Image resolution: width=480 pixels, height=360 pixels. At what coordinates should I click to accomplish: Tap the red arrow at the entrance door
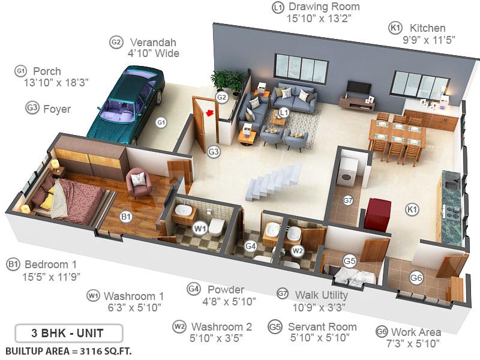tap(209, 112)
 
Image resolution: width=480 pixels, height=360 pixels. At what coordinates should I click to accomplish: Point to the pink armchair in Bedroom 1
tap(139, 181)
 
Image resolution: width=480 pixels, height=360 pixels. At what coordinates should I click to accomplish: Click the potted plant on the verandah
tap(224, 80)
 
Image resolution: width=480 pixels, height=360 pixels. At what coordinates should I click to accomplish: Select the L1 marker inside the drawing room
tap(284, 112)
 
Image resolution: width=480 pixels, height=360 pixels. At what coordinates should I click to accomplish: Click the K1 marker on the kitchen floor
tap(412, 209)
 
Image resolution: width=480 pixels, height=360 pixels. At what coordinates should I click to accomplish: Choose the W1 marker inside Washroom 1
tap(199, 228)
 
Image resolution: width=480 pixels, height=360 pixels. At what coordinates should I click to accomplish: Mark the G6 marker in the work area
tap(416, 277)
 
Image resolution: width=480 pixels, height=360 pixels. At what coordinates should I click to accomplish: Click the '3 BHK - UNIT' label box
tap(68, 333)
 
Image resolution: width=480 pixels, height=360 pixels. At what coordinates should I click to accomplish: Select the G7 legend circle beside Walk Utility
tap(283, 293)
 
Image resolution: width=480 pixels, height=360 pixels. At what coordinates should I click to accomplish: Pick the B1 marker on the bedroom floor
tap(126, 217)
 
